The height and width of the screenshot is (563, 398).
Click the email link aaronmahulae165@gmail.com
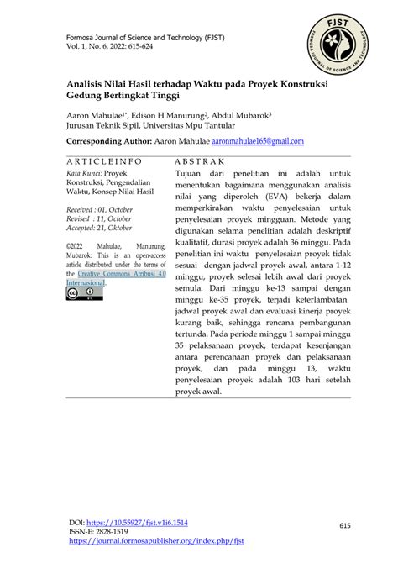tap(258, 141)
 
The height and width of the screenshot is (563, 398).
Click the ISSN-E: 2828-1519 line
tap(98, 531)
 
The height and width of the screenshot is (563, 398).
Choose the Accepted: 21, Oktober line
tap(100, 227)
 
